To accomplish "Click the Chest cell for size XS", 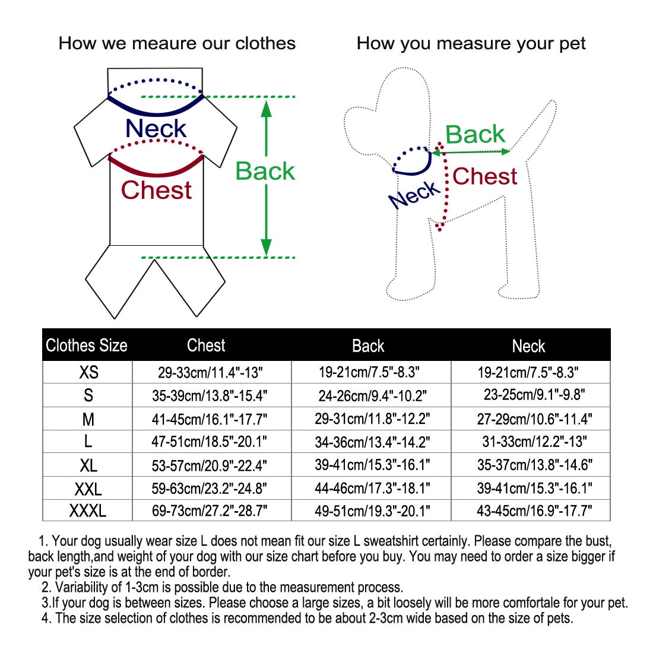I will tap(210, 372).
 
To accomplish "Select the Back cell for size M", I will tap(372, 419).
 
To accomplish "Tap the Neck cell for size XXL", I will tap(534, 488).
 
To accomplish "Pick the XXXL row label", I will tap(88, 511).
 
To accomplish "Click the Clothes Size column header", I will tap(87, 345).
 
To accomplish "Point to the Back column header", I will tap(368, 345).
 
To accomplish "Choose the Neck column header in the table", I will tap(528, 345).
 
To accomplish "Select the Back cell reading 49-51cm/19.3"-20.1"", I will tap(372, 511).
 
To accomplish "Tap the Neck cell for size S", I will tap(534, 395).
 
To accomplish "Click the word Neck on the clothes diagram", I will tap(156, 128).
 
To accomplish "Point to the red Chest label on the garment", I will tap(156, 190).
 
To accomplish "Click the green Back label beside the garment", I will tap(265, 171).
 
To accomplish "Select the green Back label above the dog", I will tap(475, 134).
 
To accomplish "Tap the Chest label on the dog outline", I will tap(484, 176).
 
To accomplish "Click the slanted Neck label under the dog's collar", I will tap(414, 195).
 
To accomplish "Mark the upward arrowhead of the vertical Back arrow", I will tap(267, 109).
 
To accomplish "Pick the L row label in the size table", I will tap(88, 442).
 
